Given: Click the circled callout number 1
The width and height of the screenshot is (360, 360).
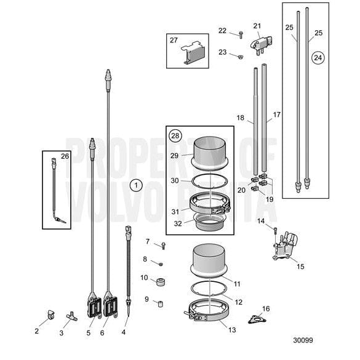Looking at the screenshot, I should (137, 184).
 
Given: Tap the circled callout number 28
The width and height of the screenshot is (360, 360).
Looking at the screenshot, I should (175, 135).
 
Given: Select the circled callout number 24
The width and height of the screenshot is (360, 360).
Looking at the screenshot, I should (318, 58).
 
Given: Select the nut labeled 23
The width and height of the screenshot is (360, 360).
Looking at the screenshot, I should (239, 56).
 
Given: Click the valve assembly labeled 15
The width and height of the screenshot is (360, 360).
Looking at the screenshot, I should (285, 247).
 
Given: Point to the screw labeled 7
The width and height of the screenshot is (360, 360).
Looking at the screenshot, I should (164, 246).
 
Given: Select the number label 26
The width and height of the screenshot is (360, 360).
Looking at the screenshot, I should (65, 156).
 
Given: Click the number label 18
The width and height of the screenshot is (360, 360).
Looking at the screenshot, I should (241, 117).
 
